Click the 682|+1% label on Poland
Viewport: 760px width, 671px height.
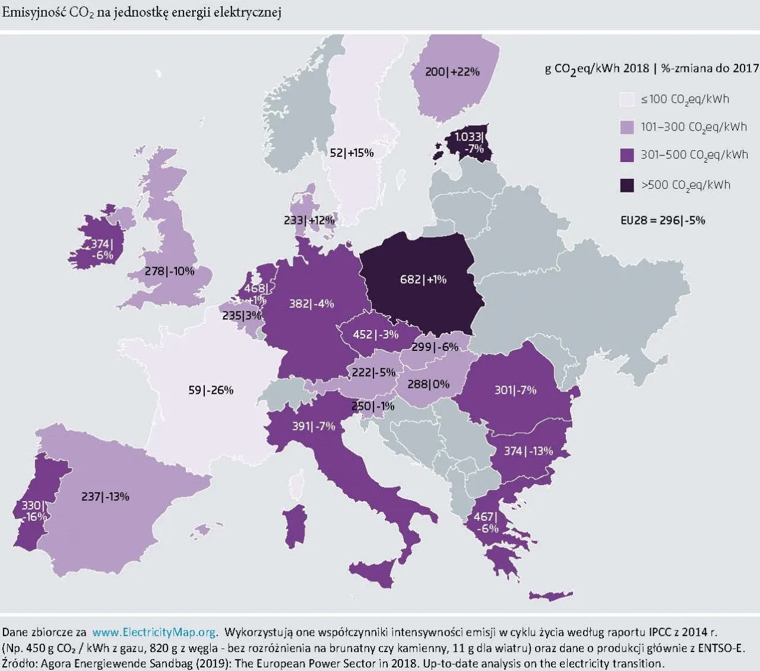[423, 279]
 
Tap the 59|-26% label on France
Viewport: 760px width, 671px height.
[211, 390]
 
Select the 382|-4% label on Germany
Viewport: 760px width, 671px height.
[311, 303]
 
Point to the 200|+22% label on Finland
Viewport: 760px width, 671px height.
[452, 71]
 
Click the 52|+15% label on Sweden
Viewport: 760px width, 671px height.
[351, 153]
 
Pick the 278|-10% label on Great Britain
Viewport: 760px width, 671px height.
[169, 271]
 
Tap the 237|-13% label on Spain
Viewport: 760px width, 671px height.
[105, 496]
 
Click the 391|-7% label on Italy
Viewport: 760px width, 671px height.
[313, 426]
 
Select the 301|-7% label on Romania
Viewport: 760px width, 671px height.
[515, 390]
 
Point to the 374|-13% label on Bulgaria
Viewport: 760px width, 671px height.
[528, 451]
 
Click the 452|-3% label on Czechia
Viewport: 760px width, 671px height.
[375, 334]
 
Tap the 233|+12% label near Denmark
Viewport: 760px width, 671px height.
[309, 220]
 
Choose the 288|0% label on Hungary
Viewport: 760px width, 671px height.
[428, 384]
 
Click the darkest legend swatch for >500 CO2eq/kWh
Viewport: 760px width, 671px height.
[627, 185]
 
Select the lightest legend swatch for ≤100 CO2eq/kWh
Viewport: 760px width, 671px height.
[627, 99]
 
